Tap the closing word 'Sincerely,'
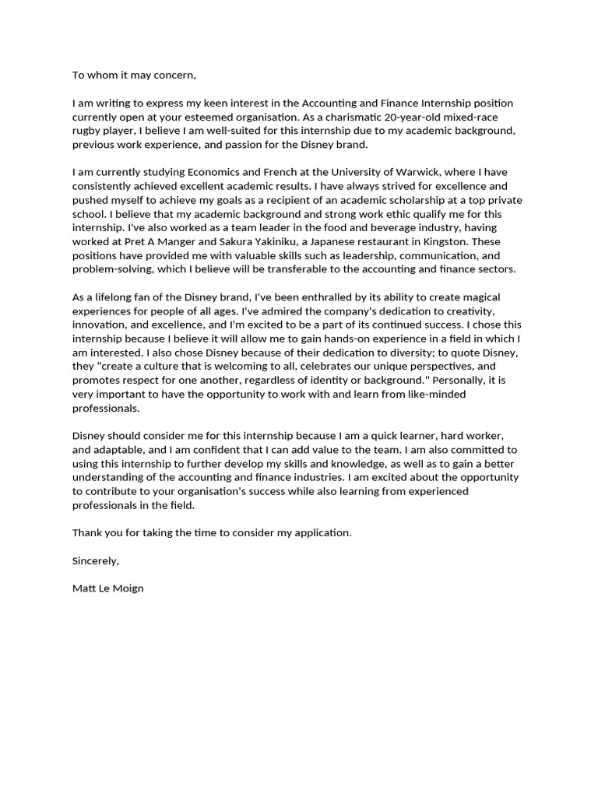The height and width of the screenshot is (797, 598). [x=97, y=561]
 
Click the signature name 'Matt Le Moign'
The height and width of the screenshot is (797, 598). [x=108, y=589]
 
